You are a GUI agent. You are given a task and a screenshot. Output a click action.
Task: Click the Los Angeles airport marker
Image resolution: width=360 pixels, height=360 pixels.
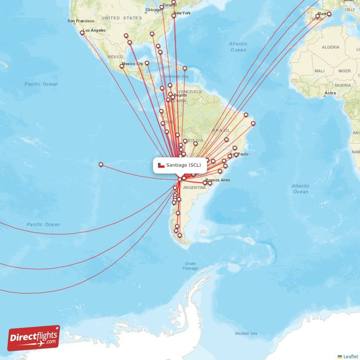82,32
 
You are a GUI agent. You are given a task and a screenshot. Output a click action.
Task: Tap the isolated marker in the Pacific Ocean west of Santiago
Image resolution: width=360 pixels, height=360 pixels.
101,165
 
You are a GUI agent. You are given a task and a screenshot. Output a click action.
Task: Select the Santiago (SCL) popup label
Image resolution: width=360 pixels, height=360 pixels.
180,165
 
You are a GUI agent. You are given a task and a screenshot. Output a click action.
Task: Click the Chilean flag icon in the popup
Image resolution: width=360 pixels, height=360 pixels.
161,165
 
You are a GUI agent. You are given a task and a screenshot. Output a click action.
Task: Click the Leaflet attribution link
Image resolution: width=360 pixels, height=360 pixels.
350,356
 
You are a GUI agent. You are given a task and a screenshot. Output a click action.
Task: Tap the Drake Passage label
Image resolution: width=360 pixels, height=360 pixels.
190,266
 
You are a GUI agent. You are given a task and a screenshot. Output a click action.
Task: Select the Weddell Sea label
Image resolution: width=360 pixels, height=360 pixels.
246,333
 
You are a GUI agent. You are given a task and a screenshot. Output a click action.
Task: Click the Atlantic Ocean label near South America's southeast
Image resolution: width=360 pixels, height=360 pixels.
300,189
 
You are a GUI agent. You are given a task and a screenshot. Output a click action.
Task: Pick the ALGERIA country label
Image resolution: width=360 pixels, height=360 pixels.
330,47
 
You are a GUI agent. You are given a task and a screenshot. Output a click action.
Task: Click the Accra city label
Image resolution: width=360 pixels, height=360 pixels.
330,93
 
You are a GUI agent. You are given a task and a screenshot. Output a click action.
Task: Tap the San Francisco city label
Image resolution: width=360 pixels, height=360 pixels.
81,21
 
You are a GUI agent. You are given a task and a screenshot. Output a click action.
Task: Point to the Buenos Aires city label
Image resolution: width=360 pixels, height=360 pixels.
218,180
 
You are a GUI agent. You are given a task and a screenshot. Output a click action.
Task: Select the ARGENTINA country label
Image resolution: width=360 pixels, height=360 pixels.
195,187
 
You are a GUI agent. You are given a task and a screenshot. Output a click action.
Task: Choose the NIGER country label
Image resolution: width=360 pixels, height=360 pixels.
345,71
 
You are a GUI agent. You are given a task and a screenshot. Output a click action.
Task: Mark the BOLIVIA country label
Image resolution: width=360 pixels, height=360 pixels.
195,141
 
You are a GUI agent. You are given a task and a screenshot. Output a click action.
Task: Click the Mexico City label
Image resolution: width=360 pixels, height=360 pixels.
133,64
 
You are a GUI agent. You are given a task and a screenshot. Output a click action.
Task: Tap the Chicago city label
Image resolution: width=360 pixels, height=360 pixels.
153,10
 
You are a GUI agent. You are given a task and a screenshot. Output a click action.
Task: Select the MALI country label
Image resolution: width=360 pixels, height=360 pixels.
320,71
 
